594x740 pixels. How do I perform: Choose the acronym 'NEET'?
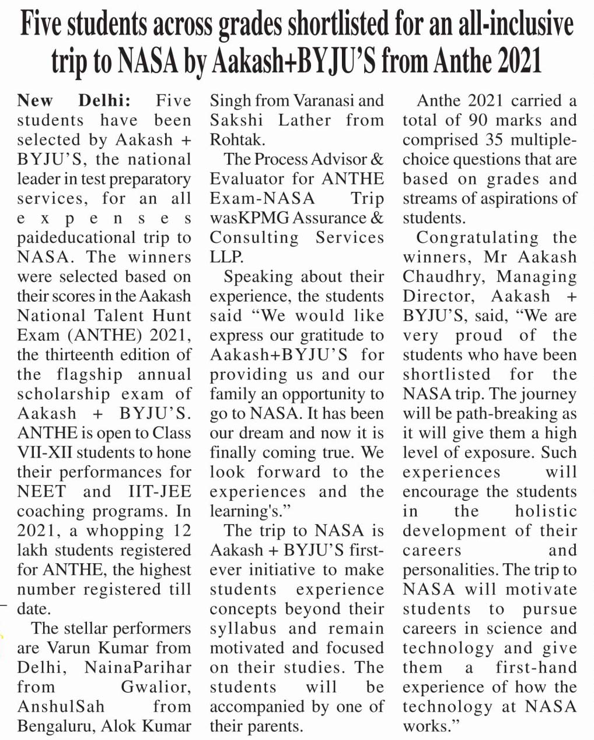[41, 491]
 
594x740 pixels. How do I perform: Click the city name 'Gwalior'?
[155, 687]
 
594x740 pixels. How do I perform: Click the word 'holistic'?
[546, 511]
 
